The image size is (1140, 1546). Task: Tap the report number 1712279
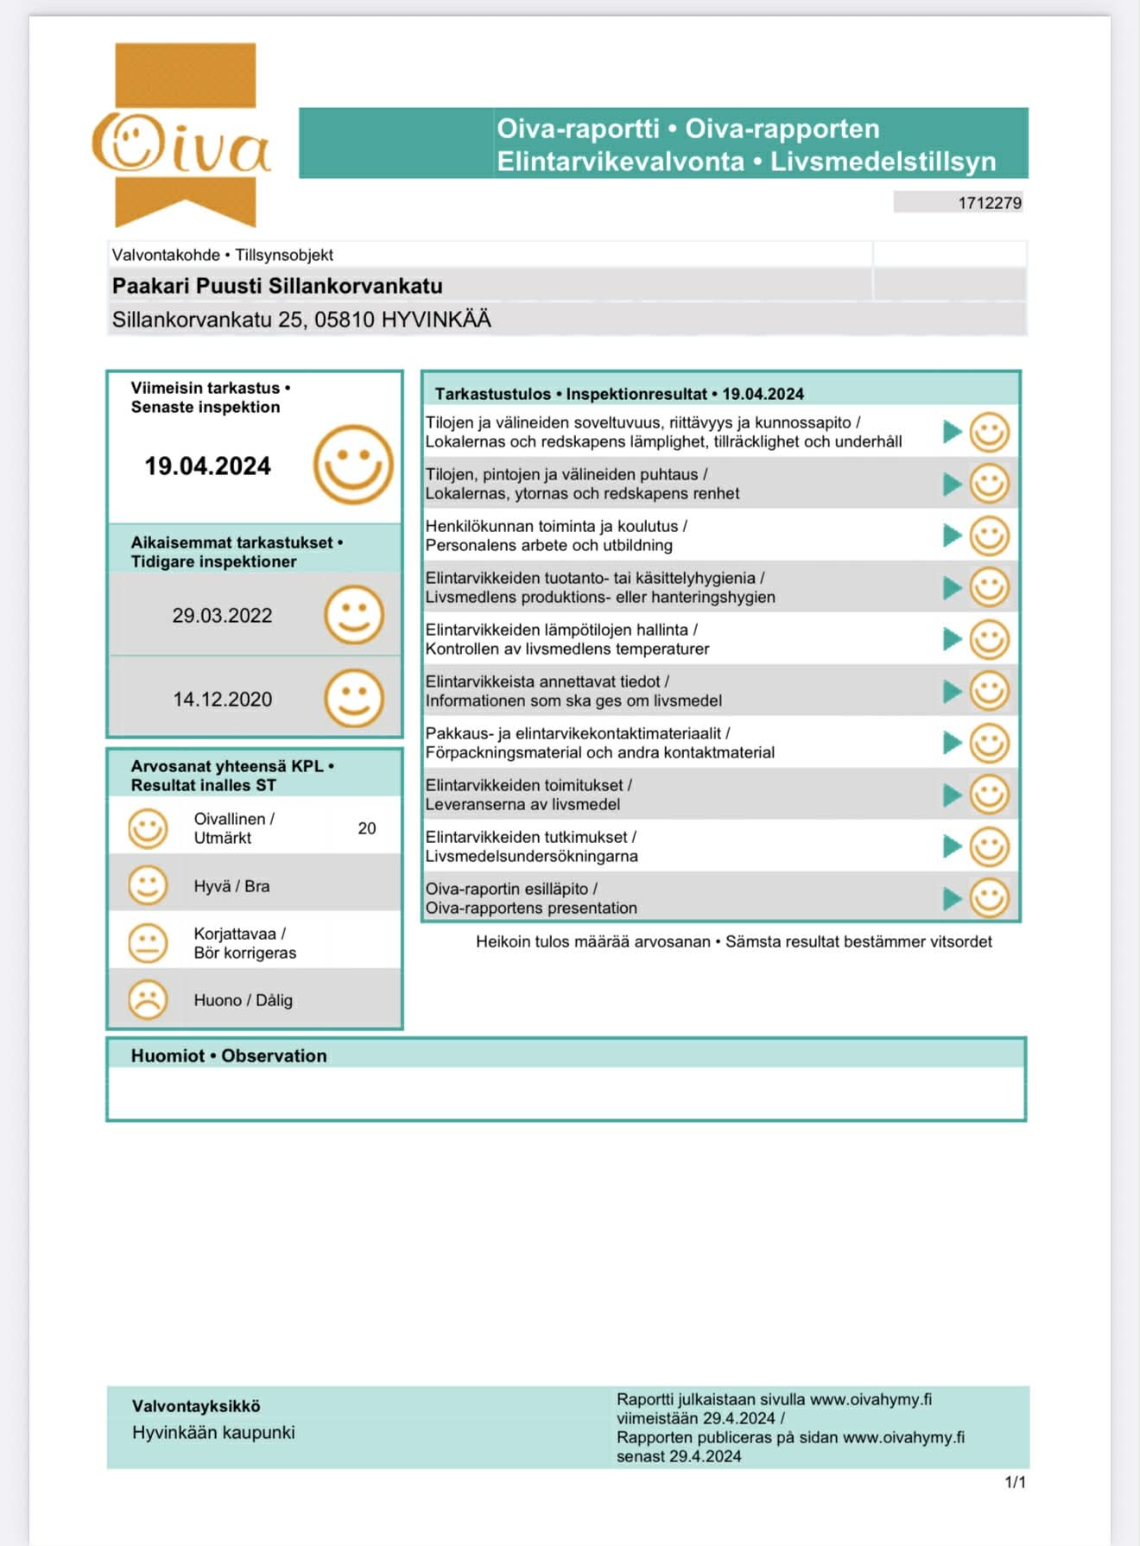click(x=989, y=203)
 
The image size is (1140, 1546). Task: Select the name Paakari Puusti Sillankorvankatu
click(x=277, y=286)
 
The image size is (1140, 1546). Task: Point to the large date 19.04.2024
click(x=207, y=466)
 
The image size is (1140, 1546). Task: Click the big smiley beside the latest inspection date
click(x=352, y=465)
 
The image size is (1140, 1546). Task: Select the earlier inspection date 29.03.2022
click(x=222, y=616)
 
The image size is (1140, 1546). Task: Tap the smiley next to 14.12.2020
click(x=353, y=698)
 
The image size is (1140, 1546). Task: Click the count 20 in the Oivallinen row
click(x=367, y=828)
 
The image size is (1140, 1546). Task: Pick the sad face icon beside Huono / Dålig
click(x=148, y=999)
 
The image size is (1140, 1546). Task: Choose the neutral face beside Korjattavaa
click(x=148, y=943)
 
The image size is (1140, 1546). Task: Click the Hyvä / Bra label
click(x=231, y=886)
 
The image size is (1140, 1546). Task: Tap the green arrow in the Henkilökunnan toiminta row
click(x=952, y=535)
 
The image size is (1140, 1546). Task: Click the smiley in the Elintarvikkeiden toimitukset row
click(x=989, y=795)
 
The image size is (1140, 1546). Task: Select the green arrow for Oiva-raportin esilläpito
click(x=952, y=898)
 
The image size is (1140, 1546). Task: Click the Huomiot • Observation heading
click(x=229, y=1055)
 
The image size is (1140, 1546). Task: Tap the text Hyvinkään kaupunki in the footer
click(x=213, y=1432)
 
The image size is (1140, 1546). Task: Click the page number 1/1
click(x=1015, y=1482)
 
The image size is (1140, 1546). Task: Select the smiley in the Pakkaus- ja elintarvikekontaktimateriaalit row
click(x=989, y=743)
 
